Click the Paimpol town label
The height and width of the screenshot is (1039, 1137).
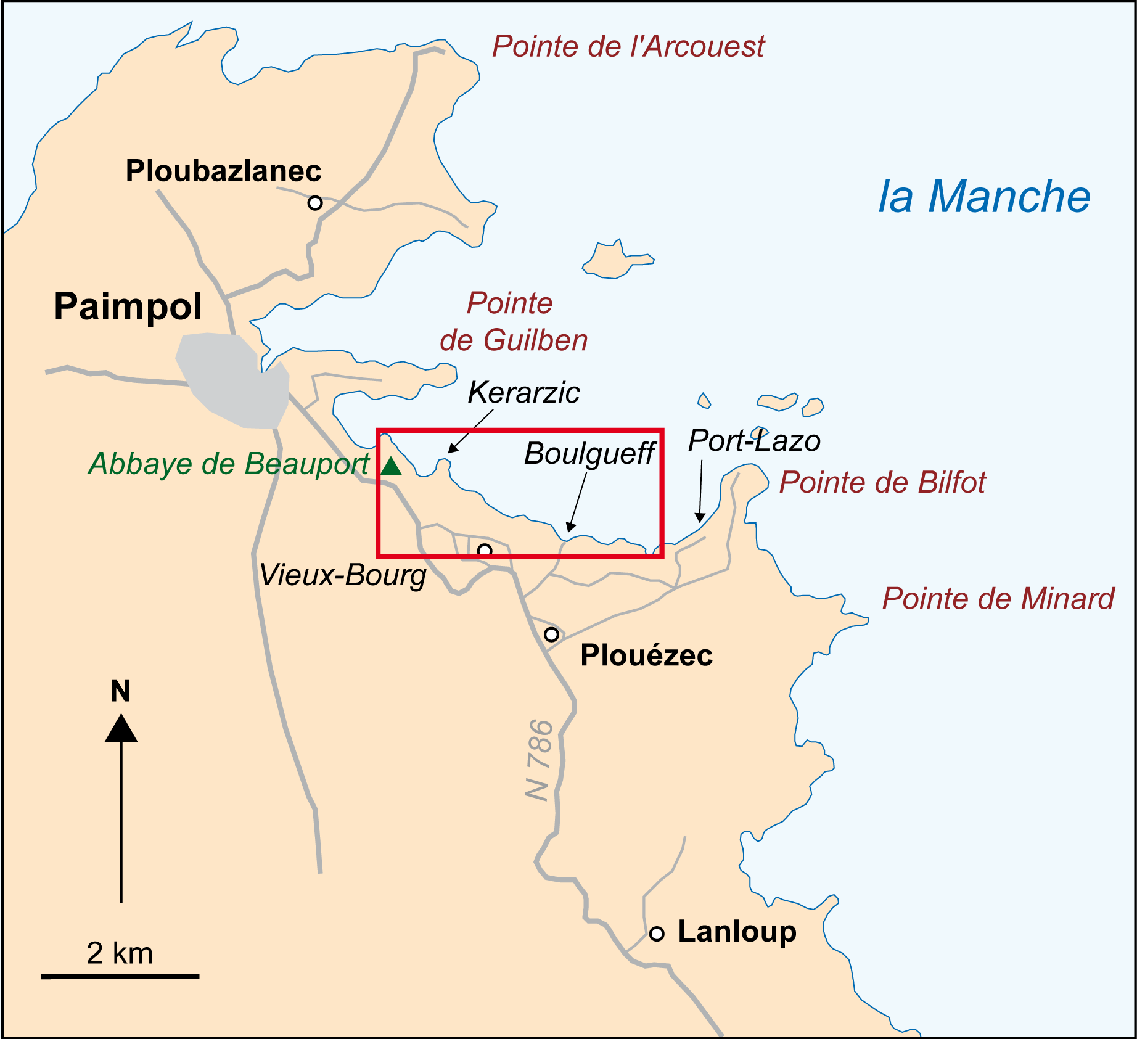128,306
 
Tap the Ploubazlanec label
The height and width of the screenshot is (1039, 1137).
223,171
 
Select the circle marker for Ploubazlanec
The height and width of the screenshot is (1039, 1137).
315,203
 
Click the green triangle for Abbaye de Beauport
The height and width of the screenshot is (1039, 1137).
391,467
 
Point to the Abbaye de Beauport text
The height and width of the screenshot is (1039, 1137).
228,464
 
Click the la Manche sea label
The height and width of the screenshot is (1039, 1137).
984,197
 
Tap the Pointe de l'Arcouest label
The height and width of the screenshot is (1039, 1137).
628,47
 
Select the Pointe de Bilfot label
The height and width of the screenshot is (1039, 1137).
882,482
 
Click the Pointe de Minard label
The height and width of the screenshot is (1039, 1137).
998,599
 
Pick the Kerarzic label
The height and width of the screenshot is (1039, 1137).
523,393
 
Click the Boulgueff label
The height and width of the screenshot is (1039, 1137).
589,454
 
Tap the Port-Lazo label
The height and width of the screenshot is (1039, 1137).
754,441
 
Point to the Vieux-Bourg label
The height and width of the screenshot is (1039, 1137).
343,575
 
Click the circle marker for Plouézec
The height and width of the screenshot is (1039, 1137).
552,634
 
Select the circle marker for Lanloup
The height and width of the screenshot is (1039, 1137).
657,934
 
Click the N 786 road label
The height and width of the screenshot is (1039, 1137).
539,760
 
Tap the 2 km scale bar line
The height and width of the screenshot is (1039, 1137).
120,976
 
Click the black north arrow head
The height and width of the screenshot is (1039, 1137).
121,729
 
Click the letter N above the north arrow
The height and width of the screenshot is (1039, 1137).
121,691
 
